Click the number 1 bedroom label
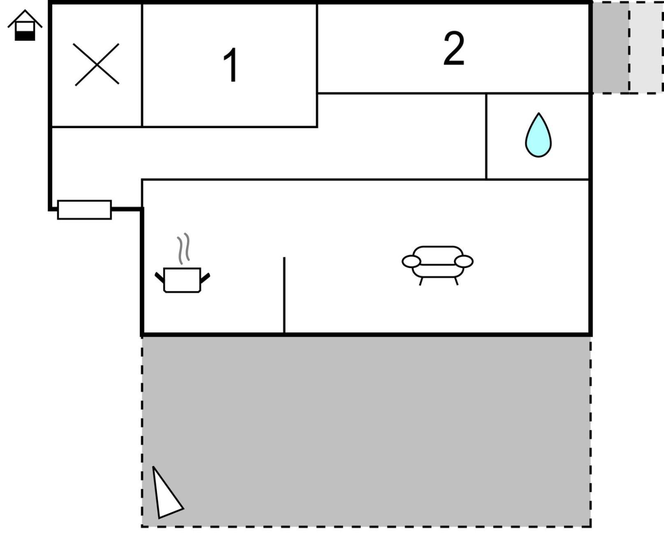(x=231, y=65)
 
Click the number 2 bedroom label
(x=454, y=48)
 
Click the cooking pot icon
(x=182, y=280)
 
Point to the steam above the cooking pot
(x=184, y=248)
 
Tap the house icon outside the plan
(x=25, y=25)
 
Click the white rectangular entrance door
(x=84, y=210)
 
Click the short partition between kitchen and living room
(x=284, y=295)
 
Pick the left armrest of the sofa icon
(x=411, y=261)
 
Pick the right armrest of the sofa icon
(x=464, y=261)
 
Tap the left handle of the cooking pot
(x=160, y=277)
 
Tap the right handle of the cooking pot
(x=205, y=278)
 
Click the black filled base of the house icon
(x=25, y=36)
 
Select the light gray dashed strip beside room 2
(x=646, y=47)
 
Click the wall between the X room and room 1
(x=142, y=65)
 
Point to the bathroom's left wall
(x=486, y=136)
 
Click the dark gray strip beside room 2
(x=611, y=47)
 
